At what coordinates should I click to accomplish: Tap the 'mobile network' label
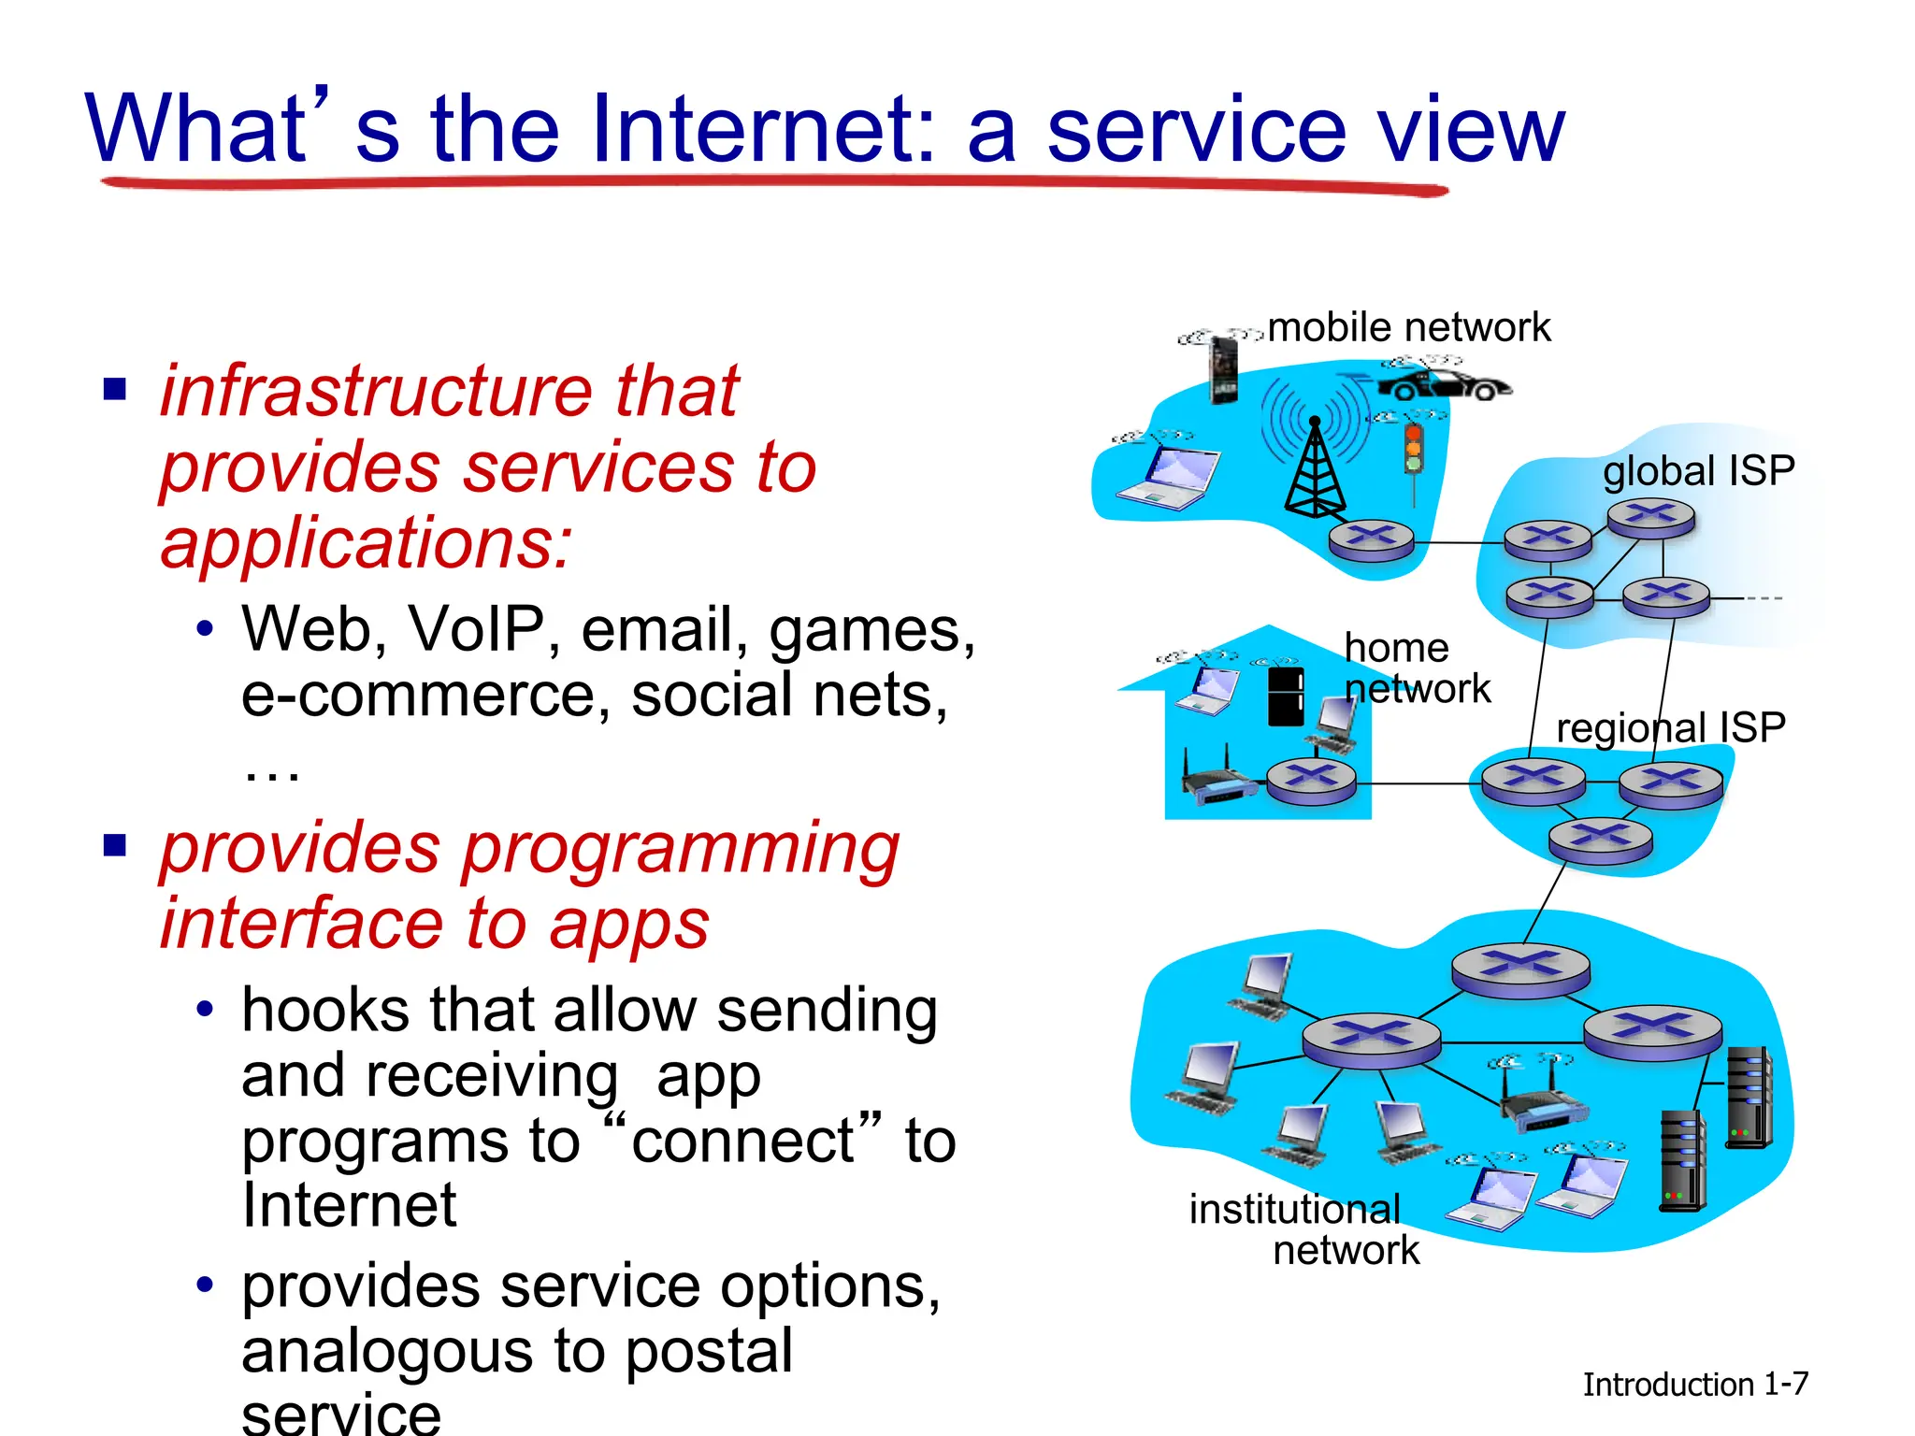1408,328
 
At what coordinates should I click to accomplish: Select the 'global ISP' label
1698,470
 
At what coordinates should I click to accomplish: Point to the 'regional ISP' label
1670,727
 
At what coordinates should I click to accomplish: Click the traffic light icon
1413,449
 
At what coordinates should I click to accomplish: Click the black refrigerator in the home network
1285,695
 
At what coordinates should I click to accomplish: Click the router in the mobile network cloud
1371,538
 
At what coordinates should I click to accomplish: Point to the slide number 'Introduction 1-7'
1694,1385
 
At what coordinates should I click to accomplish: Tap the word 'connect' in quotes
742,1141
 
